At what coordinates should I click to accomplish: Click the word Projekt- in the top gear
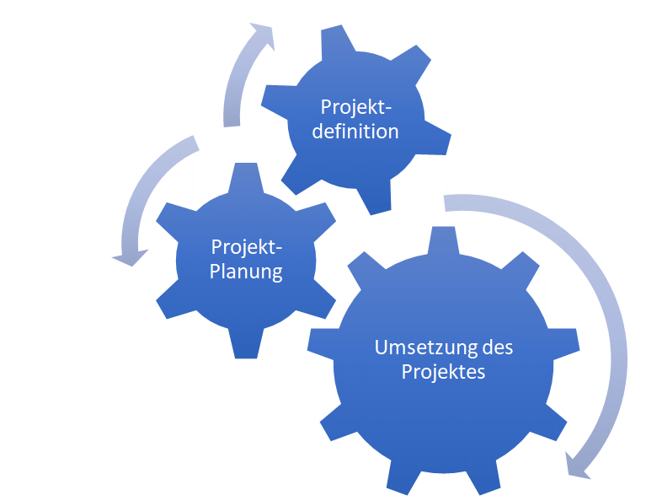click(x=356, y=107)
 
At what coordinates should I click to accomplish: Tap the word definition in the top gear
click(x=355, y=131)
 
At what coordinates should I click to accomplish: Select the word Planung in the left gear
click(x=246, y=272)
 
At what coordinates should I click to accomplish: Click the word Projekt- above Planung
click(x=247, y=247)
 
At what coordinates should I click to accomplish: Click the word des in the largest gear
click(x=498, y=347)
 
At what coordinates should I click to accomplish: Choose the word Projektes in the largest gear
click(x=443, y=372)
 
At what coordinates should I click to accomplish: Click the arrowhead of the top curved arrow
click(x=263, y=35)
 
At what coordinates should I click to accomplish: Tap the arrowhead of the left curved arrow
click(x=130, y=258)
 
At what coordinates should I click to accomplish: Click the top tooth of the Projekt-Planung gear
click(x=246, y=178)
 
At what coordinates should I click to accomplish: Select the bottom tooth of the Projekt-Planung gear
click(x=246, y=343)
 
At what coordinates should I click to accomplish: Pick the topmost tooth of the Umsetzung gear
click(x=443, y=240)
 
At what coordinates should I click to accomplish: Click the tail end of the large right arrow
click(x=446, y=203)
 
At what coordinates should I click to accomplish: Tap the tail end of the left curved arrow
click(x=195, y=143)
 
